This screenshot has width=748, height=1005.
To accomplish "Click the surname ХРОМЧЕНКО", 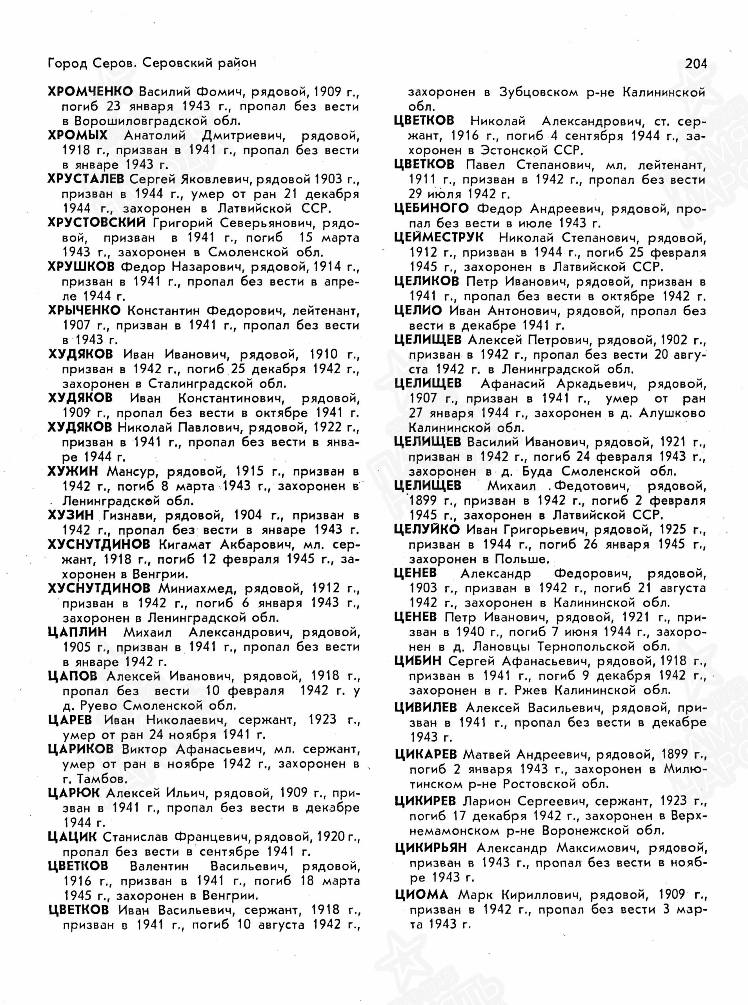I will [x=91, y=91].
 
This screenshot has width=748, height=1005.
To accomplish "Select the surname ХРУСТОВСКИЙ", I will [x=97, y=223].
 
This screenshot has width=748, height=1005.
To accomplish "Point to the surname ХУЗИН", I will [x=71, y=515].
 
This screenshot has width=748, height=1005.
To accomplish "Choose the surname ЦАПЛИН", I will [x=77, y=632].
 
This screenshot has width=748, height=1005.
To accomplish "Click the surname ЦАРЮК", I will [x=73, y=793].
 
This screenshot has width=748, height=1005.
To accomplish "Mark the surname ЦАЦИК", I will [x=72, y=837].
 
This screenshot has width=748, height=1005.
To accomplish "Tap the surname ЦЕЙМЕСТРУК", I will [x=439, y=238].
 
